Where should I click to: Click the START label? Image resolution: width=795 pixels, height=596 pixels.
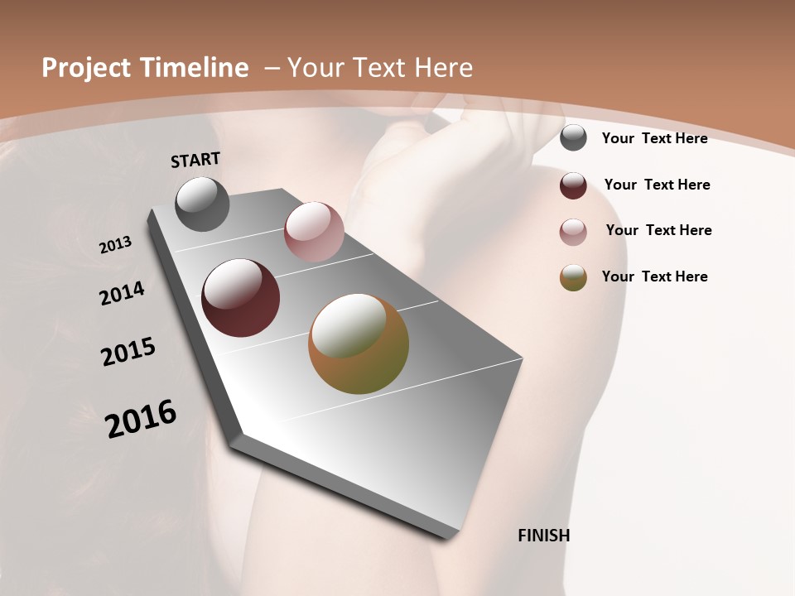[x=195, y=160]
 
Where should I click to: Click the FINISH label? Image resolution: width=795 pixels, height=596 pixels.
[x=543, y=536]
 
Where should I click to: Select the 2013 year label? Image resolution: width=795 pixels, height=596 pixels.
[x=115, y=245]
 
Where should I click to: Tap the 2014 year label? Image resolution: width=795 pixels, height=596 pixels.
[x=122, y=294]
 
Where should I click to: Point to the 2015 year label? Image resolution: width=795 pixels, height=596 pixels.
[x=128, y=352]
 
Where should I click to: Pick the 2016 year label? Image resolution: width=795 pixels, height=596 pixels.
[x=141, y=419]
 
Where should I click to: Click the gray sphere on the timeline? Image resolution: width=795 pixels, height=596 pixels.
[x=202, y=204]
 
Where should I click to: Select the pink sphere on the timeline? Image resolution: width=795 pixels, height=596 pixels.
[x=314, y=231]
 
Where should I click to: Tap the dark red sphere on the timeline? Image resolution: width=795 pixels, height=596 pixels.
[x=241, y=298]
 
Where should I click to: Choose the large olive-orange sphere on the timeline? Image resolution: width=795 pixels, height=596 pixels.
[x=359, y=344]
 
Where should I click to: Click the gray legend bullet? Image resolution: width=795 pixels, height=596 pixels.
[x=573, y=137]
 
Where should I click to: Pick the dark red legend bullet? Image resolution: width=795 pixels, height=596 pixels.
[x=573, y=185]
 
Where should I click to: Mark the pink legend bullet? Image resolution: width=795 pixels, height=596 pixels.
[x=573, y=232]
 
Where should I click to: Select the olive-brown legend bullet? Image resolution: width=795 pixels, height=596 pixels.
[x=573, y=277]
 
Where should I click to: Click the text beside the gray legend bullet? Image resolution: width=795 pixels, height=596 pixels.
[x=654, y=138]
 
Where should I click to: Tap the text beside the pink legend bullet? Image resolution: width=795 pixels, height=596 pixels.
[x=658, y=230]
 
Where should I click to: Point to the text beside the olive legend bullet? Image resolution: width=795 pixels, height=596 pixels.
[x=654, y=276]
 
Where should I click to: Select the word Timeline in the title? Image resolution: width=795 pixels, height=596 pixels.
[x=196, y=68]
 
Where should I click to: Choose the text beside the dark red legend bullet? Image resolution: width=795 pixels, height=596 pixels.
[x=657, y=185]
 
